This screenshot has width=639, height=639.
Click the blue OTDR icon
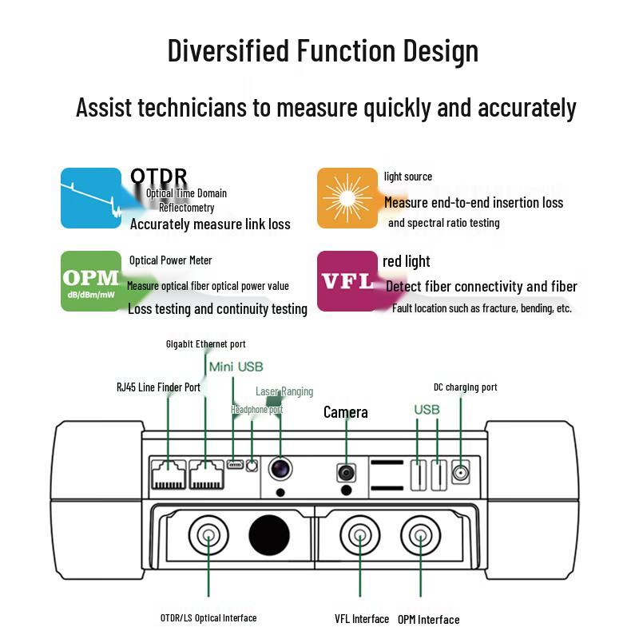[91, 198]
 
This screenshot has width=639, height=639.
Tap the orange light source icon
[347, 198]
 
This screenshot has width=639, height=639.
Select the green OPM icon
[91, 281]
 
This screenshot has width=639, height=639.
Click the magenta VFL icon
[347, 281]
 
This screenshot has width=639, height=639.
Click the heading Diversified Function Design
[323, 51]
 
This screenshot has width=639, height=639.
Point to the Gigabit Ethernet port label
[206, 344]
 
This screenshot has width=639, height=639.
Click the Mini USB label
[236, 367]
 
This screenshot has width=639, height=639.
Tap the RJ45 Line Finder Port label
[158, 387]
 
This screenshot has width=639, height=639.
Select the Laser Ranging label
[284, 391]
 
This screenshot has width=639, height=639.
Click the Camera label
[346, 412]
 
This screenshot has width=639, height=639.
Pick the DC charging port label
[466, 387]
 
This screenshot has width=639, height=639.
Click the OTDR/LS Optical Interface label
[208, 618]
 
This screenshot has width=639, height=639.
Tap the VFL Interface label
[362, 619]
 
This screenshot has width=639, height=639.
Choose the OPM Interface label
[429, 620]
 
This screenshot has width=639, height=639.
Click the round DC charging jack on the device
[461, 473]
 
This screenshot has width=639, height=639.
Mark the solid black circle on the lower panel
[269, 535]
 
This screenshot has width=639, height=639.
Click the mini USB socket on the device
[235, 464]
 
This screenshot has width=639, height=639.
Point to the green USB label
[427, 410]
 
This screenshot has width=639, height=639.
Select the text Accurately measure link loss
[210, 224]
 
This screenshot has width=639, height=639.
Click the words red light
[407, 262]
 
